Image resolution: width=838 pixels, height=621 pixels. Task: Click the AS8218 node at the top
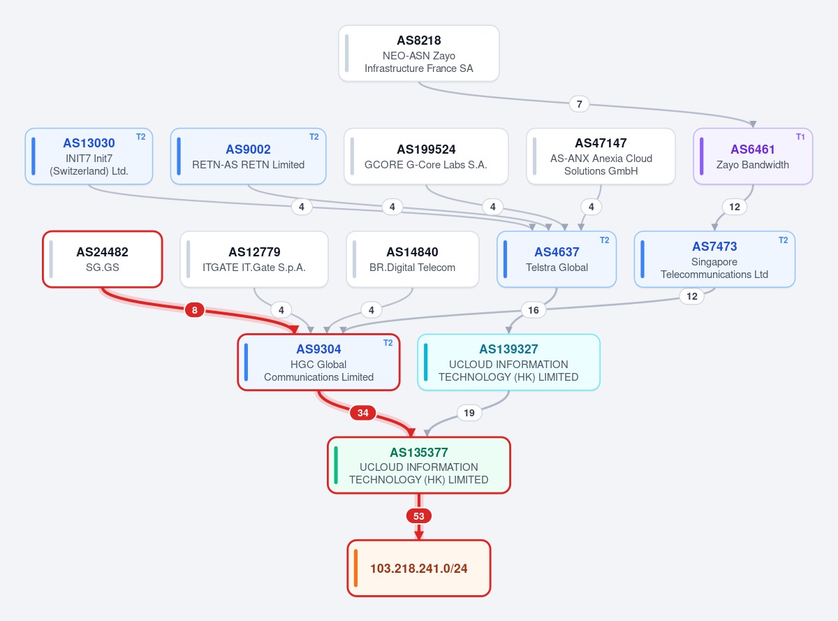click(418, 53)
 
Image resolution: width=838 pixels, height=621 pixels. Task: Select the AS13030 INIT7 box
click(89, 156)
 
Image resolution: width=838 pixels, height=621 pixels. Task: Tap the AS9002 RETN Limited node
click(248, 156)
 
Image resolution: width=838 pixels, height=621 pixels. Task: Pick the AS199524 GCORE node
click(426, 156)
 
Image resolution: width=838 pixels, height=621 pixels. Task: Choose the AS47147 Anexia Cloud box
click(601, 156)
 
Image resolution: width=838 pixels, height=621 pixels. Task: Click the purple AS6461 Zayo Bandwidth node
click(753, 156)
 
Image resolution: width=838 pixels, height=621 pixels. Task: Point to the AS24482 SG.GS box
click(103, 259)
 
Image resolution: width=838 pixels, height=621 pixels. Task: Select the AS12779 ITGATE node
click(254, 259)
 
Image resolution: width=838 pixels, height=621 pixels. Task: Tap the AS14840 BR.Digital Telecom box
click(412, 259)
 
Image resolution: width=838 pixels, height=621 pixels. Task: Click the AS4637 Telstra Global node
click(557, 259)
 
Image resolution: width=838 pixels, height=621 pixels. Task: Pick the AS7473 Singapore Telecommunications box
click(714, 259)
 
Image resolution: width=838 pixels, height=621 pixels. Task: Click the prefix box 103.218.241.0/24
click(418, 568)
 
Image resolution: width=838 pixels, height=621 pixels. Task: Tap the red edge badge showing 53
click(418, 516)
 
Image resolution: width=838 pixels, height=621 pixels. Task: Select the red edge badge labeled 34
click(362, 413)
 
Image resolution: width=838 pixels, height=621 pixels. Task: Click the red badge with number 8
click(195, 310)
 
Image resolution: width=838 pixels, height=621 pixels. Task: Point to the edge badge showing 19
click(469, 413)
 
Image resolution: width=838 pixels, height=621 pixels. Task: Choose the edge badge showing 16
click(533, 310)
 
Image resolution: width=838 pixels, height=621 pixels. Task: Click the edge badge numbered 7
click(579, 104)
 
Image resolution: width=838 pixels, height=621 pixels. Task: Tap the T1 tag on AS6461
click(800, 137)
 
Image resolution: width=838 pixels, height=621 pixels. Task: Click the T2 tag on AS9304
click(388, 343)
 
